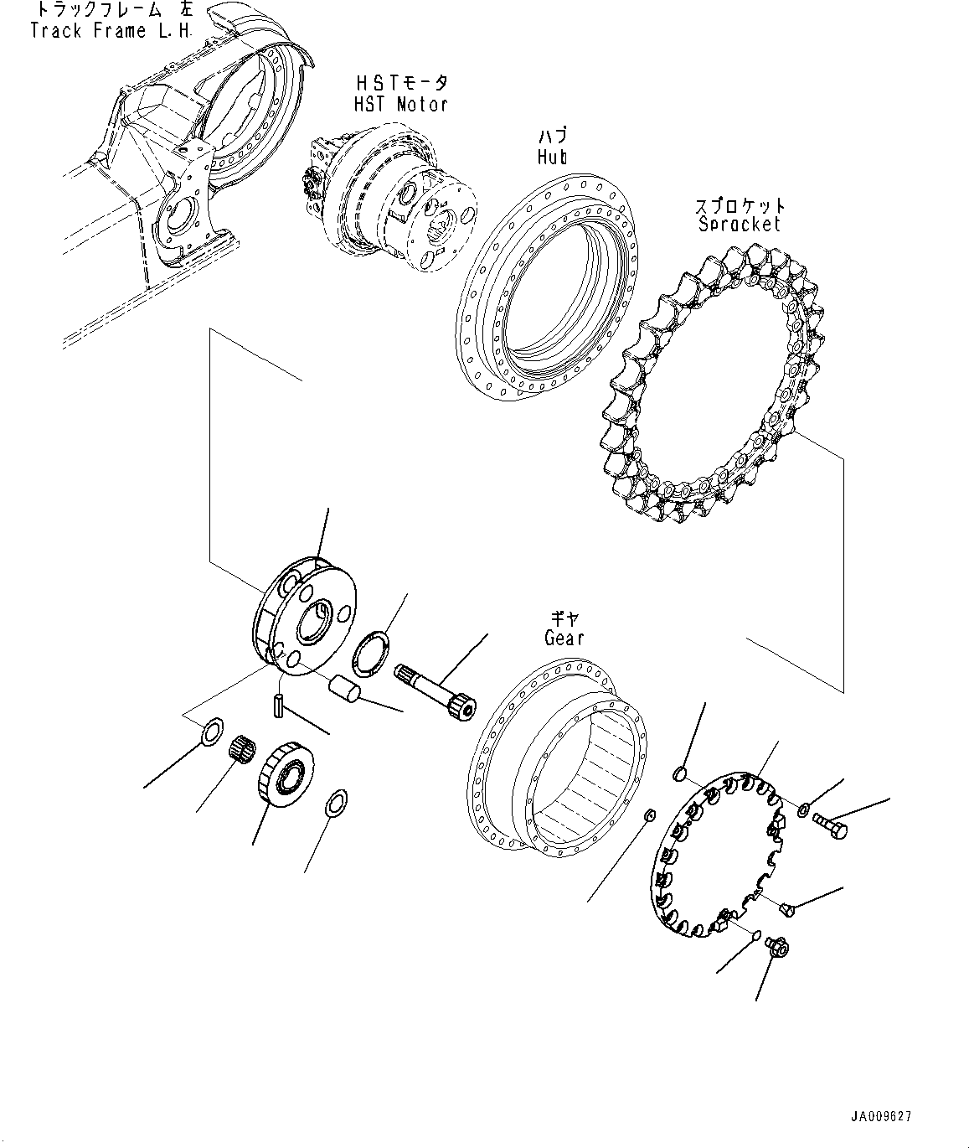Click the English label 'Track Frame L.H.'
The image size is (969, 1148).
tap(111, 31)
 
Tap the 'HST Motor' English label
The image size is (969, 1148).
tap(400, 104)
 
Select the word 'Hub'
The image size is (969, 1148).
tap(553, 158)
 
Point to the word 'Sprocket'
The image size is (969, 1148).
tap(740, 224)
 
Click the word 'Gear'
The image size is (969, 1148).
tap(564, 638)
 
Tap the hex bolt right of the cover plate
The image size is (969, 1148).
tap(831, 826)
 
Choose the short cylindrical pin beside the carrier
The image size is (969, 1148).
tap(344, 690)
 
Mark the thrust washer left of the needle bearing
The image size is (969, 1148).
tap(213, 732)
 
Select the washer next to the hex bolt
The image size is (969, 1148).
tap(802, 809)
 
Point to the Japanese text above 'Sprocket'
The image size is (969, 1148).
tap(740, 206)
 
